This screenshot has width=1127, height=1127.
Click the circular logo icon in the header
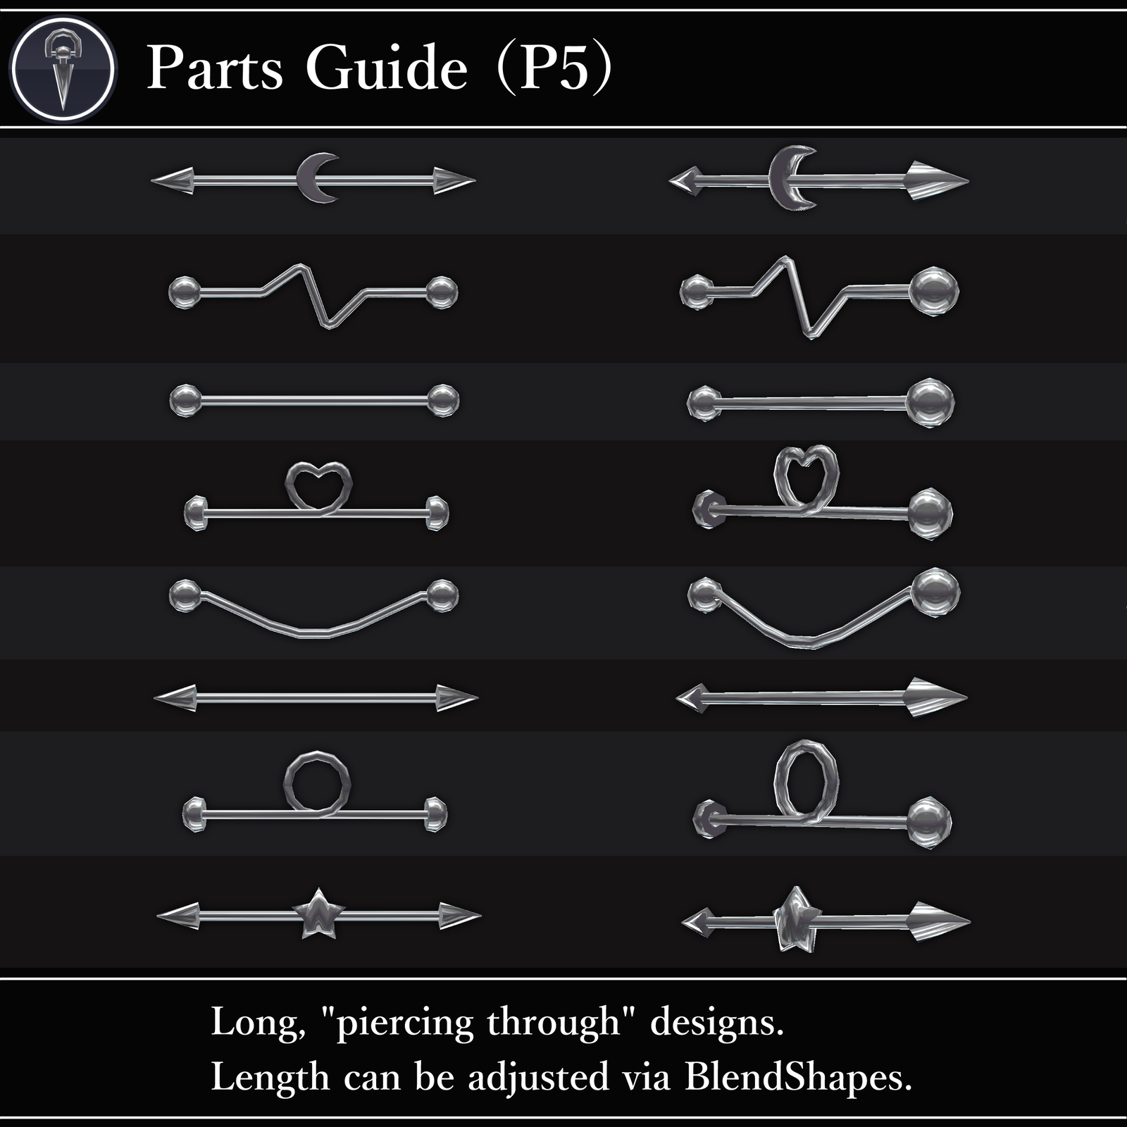click(x=63, y=69)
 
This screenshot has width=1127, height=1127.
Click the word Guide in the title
click(x=386, y=68)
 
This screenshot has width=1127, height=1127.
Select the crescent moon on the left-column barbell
click(x=316, y=178)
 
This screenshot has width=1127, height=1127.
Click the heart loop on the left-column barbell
click(x=318, y=486)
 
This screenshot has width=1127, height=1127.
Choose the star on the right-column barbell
click(x=795, y=919)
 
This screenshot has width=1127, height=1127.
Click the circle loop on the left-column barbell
click(x=317, y=783)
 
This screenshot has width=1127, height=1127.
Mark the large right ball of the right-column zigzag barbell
click(x=934, y=290)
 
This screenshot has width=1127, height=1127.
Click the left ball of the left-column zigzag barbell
click(x=185, y=292)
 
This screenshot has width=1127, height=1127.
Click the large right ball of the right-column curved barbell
click(x=935, y=592)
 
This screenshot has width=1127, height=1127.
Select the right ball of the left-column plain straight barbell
click(x=442, y=400)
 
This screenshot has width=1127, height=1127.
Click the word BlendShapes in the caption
click(x=797, y=1077)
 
